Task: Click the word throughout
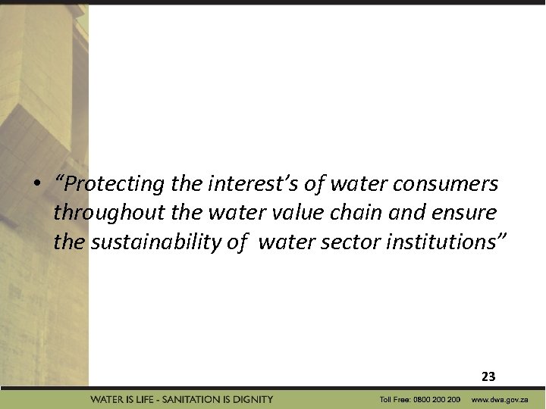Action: pyautogui.click(x=97, y=214)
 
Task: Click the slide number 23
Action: pyautogui.click(x=488, y=376)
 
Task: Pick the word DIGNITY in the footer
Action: pyautogui.click(x=254, y=399)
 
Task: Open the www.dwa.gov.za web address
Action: pyautogui.click(x=500, y=399)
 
